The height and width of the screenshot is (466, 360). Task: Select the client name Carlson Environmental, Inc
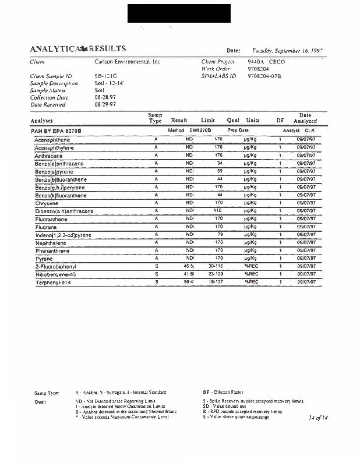click(x=127, y=61)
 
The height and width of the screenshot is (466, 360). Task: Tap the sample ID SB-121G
click(x=105, y=76)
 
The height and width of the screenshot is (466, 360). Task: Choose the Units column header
click(x=253, y=120)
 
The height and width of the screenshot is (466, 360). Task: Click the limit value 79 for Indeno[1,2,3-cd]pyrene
click(x=220, y=234)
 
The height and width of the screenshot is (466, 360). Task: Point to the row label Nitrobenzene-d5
click(x=55, y=274)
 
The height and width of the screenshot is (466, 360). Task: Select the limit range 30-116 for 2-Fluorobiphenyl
click(x=216, y=266)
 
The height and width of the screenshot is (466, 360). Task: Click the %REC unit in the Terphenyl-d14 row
click(x=252, y=281)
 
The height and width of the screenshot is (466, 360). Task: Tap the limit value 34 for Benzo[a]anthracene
click(x=220, y=164)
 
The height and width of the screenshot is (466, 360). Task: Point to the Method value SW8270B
click(x=200, y=130)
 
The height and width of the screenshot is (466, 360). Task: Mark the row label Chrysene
click(x=47, y=203)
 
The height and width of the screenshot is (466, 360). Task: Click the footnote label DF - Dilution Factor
click(x=223, y=392)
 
